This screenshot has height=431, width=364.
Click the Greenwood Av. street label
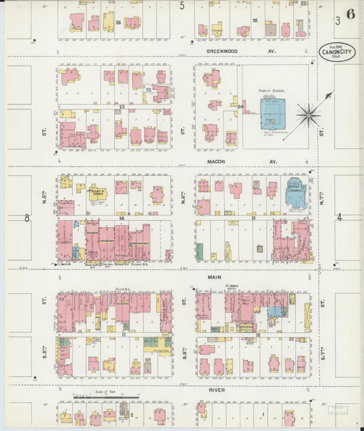click(x=233, y=50)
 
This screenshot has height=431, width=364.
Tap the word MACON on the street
click(x=215, y=162)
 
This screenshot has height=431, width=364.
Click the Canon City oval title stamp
click(x=337, y=53)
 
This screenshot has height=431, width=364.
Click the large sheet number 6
click(x=350, y=14)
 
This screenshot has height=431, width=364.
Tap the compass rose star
click(x=308, y=115)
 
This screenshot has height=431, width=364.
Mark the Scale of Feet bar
click(x=106, y=396)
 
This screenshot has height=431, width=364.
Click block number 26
click(x=118, y=22)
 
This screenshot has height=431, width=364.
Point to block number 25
click(x=255, y=20)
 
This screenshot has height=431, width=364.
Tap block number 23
click(x=122, y=106)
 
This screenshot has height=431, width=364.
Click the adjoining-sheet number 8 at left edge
click(x=27, y=218)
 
